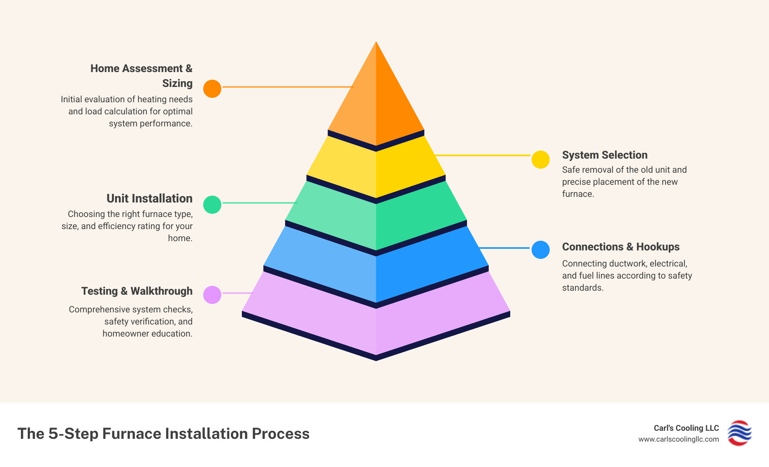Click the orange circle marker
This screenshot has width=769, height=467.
212,89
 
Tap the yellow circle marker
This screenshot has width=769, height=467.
540,159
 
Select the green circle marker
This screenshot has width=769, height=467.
212,205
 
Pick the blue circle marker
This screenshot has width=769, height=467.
540,250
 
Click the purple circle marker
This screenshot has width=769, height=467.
212,295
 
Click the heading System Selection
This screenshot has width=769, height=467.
604,155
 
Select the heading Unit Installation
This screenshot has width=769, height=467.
149,198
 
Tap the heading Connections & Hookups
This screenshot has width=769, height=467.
621,247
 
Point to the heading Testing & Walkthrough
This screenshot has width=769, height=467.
137,291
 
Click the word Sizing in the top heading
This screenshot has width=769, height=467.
177,83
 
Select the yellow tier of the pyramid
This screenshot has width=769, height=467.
376,169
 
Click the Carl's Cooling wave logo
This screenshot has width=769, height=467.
739,433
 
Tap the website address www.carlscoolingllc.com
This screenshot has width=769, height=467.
678,439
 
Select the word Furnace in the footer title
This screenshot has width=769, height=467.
132,434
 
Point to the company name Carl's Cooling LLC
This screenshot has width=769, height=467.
686,428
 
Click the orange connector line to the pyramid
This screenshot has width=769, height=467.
287,87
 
